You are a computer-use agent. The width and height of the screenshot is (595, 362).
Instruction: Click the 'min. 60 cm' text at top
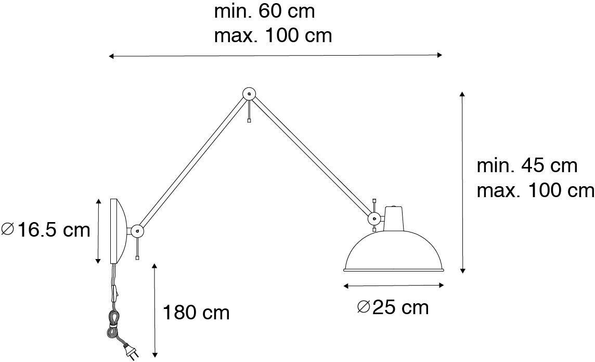[x=264, y=11]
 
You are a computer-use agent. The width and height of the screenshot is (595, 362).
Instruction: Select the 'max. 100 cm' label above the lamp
[x=273, y=35]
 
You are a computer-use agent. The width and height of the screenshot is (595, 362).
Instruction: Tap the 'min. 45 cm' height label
[x=527, y=166]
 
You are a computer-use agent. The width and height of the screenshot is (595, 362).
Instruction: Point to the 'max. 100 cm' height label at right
[x=535, y=190]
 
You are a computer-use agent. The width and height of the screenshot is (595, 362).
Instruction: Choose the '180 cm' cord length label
[x=196, y=313]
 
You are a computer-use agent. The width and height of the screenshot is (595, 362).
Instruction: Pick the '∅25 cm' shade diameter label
[x=393, y=307]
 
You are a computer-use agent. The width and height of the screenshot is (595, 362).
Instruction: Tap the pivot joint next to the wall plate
[x=137, y=229]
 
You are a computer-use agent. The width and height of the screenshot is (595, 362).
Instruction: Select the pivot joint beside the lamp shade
[x=373, y=218]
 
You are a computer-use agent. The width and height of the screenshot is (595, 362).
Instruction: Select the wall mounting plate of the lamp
[x=117, y=230]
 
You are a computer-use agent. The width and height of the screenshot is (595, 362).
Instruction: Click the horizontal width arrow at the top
[x=275, y=55]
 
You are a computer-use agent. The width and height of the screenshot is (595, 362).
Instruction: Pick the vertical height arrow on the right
[x=462, y=182]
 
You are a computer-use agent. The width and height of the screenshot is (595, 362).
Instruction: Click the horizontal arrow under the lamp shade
[x=394, y=285]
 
